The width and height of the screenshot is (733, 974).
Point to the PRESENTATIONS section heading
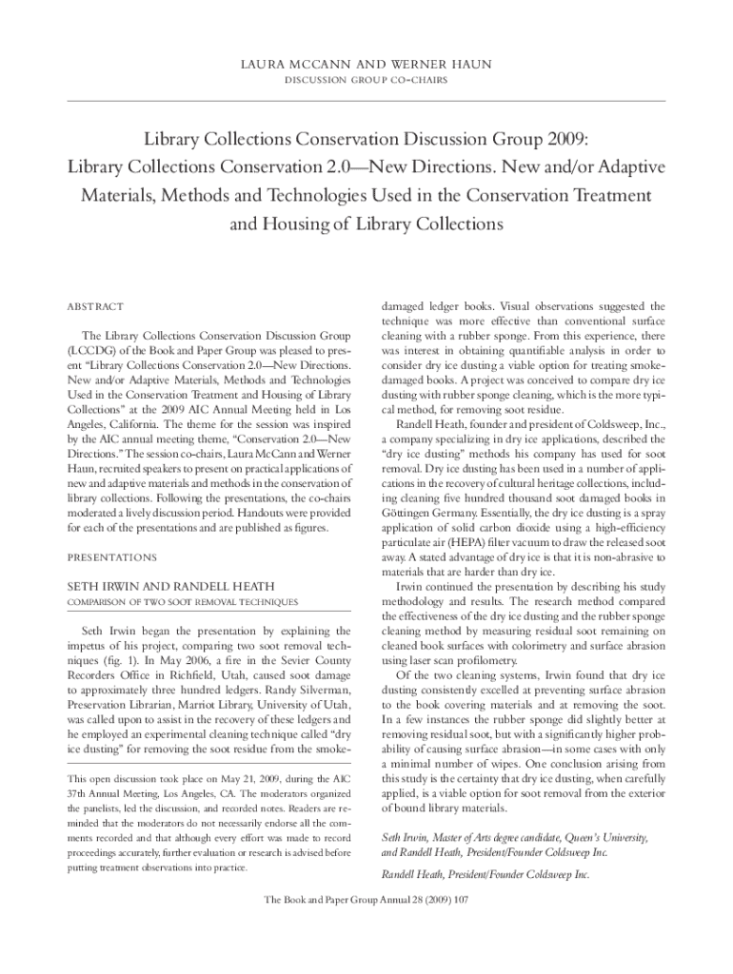coord(111,557)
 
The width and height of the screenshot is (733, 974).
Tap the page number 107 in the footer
coord(464,900)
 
